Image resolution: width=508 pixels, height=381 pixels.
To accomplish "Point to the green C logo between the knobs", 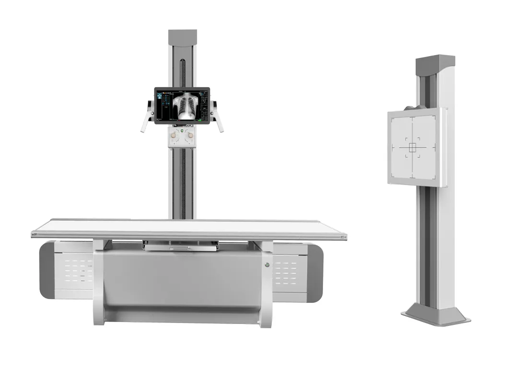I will [182, 130].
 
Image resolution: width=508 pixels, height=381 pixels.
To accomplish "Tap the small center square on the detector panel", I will [412, 148].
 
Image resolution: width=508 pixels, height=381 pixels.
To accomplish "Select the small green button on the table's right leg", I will [267, 265].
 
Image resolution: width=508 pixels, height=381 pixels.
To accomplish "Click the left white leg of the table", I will [99, 283].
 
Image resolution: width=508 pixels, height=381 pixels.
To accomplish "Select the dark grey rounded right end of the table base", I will [315, 273].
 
